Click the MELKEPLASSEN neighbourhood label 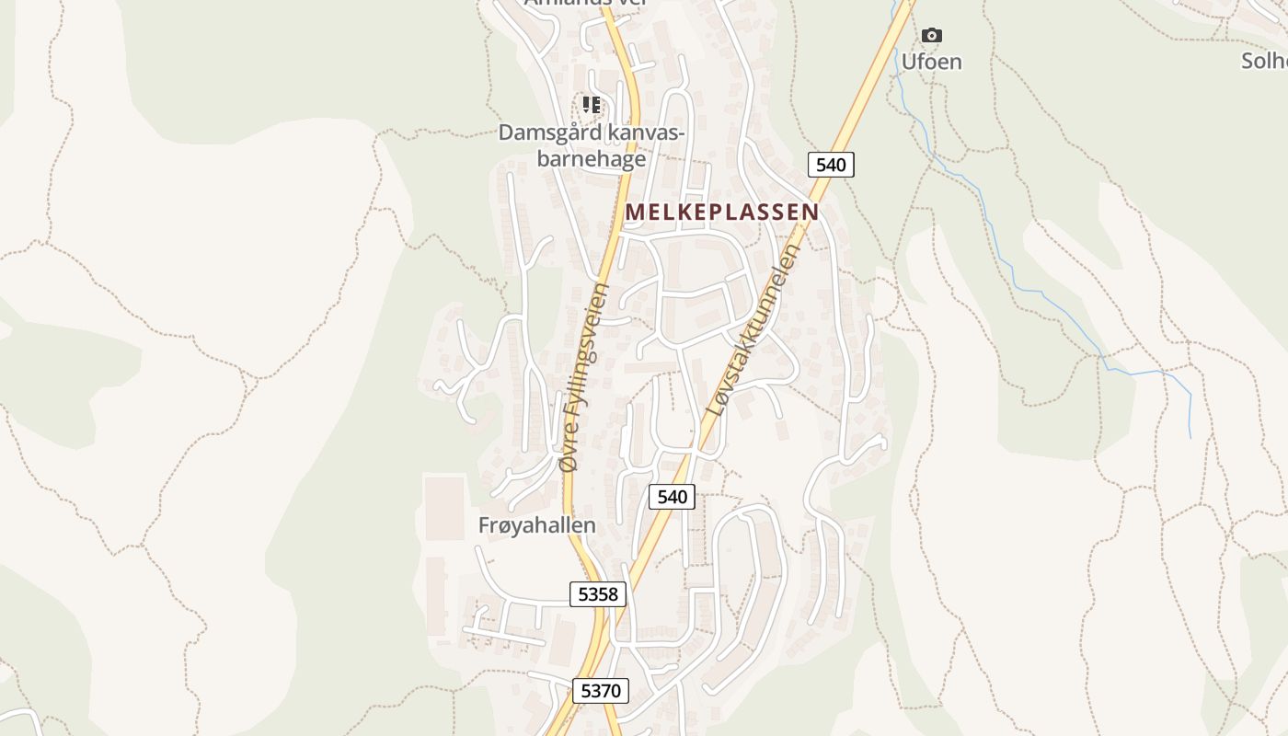721,212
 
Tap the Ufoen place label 931,62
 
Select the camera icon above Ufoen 932,35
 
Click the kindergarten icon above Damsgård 592,105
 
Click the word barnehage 591,159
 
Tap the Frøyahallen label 537,525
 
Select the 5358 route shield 598,594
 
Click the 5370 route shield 601,690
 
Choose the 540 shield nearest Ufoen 831,165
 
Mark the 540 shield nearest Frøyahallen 673,497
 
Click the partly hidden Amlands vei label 586,3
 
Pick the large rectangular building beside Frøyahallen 444,507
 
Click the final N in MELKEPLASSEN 810,212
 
